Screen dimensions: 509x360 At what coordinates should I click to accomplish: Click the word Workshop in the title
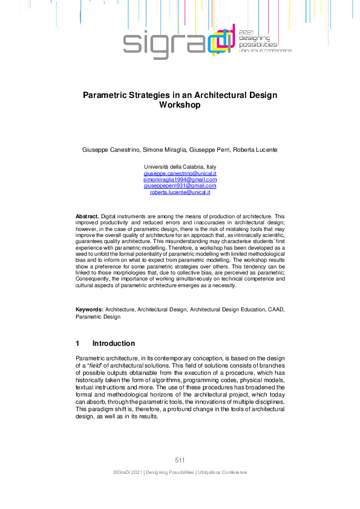coord(180,105)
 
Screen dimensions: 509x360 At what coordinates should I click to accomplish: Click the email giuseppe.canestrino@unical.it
coord(180,173)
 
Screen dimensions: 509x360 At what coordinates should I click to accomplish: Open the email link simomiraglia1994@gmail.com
coord(180,180)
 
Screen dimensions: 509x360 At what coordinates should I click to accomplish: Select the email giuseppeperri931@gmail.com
coord(180,186)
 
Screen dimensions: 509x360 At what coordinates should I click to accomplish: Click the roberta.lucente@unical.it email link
coord(180,192)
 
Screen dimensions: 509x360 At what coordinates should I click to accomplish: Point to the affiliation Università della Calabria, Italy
coord(180,166)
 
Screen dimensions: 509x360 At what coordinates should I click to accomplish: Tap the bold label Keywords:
coord(89,310)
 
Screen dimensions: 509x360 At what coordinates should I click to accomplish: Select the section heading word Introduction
coord(114,343)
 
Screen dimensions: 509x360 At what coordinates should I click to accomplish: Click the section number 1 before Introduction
coord(78,343)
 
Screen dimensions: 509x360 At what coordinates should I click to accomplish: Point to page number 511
coord(180,461)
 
